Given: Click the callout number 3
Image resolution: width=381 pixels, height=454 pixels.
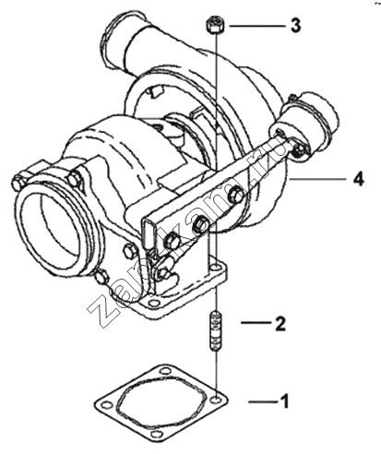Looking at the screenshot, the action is (x=295, y=25).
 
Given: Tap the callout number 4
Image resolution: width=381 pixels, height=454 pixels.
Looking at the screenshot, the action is (x=358, y=179).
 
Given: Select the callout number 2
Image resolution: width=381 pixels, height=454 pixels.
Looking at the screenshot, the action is (x=280, y=324).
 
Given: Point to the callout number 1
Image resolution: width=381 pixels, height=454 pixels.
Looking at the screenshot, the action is (x=285, y=401).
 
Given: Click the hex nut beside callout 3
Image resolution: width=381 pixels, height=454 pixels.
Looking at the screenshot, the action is (x=215, y=26).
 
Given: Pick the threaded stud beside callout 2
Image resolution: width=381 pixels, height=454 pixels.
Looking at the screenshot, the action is (x=216, y=331).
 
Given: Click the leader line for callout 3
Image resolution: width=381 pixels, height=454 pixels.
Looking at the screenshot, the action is (x=257, y=26).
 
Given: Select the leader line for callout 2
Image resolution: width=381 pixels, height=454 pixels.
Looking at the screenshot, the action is (x=256, y=323).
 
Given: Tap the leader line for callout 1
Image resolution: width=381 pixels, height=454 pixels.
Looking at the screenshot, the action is (x=264, y=401).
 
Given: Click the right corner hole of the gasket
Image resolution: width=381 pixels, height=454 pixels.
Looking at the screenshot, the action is (x=217, y=400).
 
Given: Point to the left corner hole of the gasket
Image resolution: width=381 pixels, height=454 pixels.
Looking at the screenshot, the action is (x=105, y=404).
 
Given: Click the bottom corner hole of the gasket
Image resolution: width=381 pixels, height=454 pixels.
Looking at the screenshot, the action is (x=157, y=435).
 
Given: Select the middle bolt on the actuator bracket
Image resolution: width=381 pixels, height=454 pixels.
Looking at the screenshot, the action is (x=201, y=224).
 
